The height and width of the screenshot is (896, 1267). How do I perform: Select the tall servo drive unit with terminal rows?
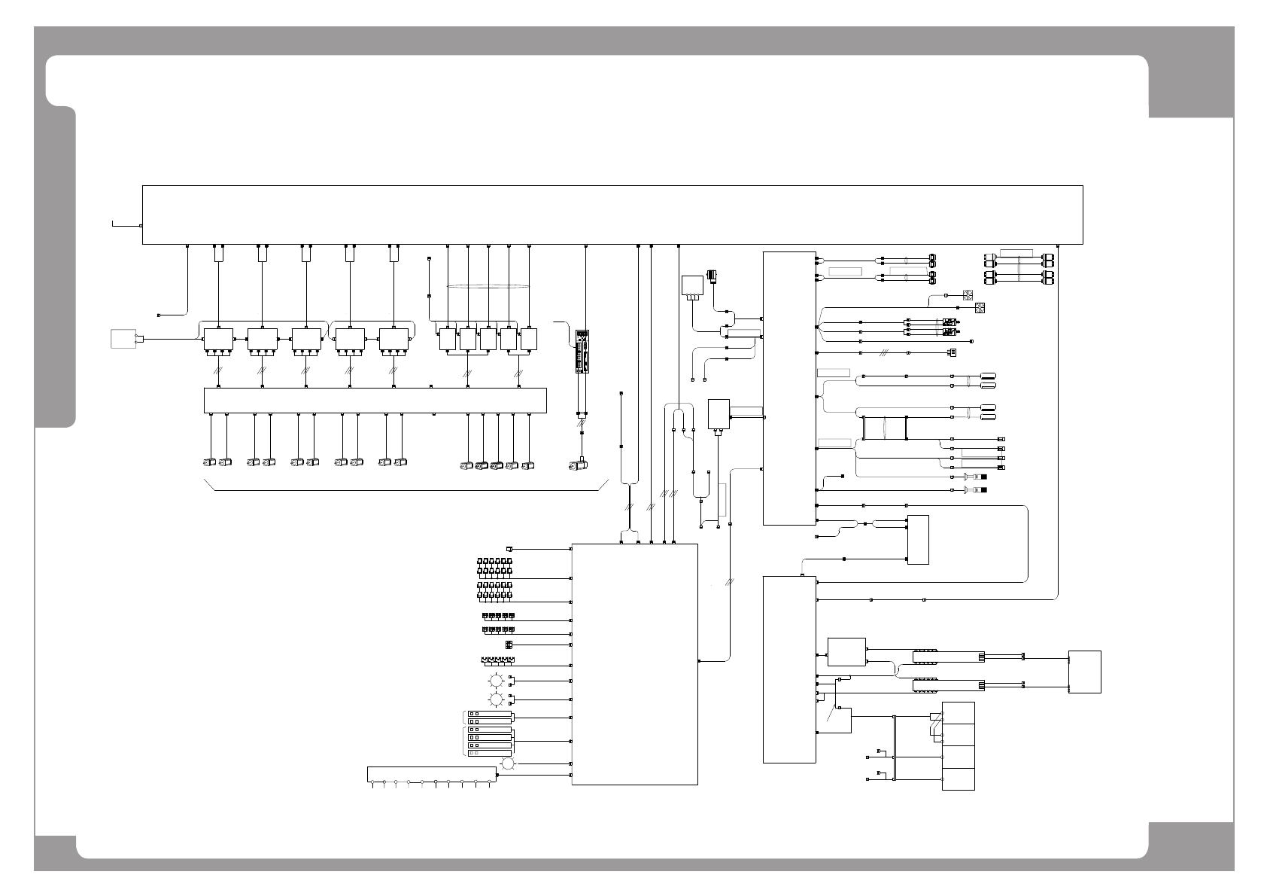pyautogui.click(x=582, y=351)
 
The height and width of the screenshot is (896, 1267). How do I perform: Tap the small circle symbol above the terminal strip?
pyautogui.click(x=507, y=763)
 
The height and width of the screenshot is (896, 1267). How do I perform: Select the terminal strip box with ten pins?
pyautogui.click(x=433, y=774)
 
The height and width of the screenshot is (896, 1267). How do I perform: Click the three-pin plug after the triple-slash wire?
pyautogui.click(x=952, y=352)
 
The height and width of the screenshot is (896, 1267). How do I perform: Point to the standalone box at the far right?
pyautogui.click(x=1084, y=672)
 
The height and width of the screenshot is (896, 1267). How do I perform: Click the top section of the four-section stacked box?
pyautogui.click(x=959, y=713)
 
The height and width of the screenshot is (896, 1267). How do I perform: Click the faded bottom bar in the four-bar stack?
pyautogui.click(x=489, y=753)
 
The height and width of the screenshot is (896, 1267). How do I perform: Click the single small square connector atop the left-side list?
pyautogui.click(x=509, y=548)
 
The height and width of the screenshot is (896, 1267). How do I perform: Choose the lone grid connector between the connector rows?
pyautogui.click(x=509, y=645)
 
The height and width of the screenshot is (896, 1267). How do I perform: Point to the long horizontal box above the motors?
pyautogui.click(x=375, y=400)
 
